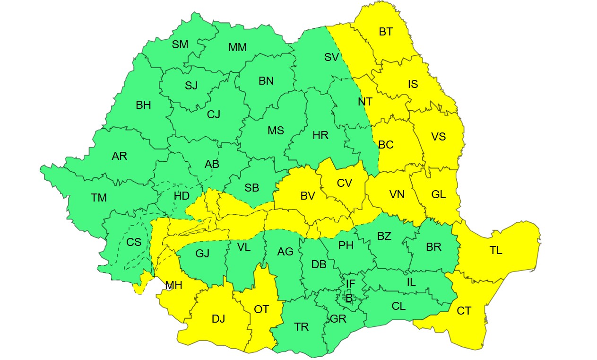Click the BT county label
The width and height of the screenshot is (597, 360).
click(386, 32)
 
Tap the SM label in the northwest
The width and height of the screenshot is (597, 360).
click(180, 44)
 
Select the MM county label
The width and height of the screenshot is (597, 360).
click(237, 47)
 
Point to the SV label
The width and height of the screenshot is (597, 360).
click(331, 58)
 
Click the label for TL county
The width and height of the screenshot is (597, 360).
click(496, 251)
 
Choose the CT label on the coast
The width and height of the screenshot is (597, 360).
click(464, 311)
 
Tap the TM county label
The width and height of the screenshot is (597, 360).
click(99, 198)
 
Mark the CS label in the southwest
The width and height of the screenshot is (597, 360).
click(134, 242)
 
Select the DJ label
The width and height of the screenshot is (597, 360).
click(218, 319)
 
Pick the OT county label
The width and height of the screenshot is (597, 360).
click(261, 309)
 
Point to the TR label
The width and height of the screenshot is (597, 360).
click(301, 327)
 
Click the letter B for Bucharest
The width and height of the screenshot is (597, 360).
click(349, 298)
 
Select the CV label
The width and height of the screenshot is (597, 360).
click(344, 183)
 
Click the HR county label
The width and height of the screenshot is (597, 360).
click(320, 136)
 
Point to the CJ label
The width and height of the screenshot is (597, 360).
click(214, 114)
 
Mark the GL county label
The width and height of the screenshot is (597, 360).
click(439, 194)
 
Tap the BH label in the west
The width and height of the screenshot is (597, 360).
click(143, 105)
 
